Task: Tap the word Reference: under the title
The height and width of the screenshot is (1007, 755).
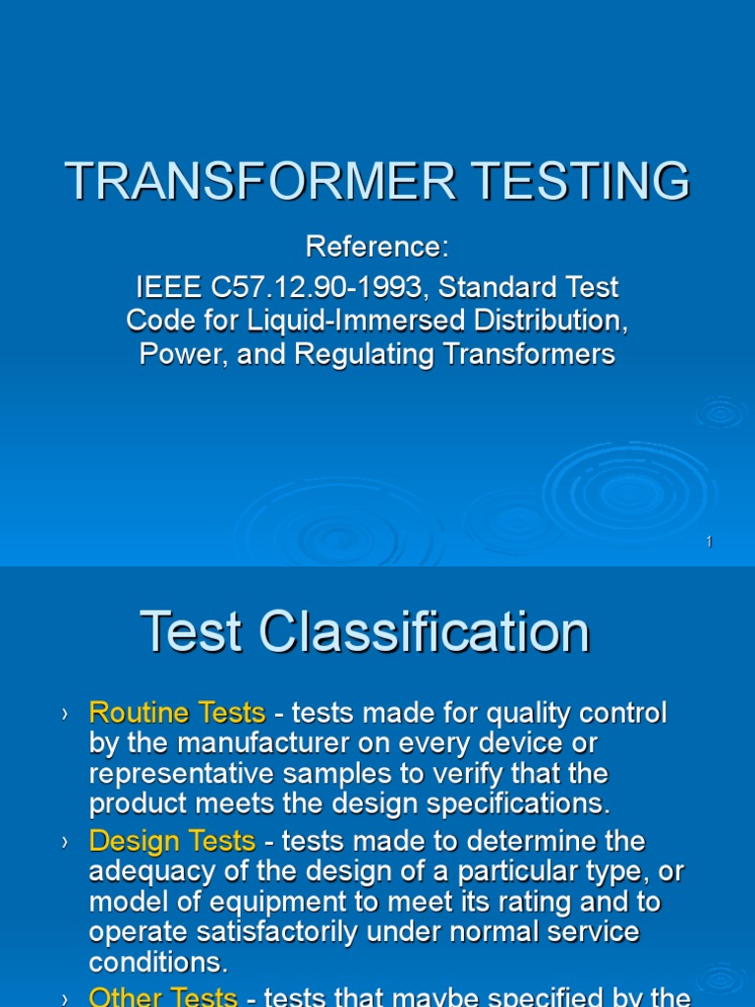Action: coord(377,247)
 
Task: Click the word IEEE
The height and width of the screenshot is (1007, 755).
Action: coord(162,287)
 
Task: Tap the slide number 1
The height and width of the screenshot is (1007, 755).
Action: coord(709,543)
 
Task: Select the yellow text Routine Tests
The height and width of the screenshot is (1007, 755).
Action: coord(177,712)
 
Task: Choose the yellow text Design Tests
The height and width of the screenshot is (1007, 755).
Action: coord(172,842)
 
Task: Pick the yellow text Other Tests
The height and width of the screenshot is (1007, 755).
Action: coord(163,995)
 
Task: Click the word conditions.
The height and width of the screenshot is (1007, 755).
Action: coord(152,962)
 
